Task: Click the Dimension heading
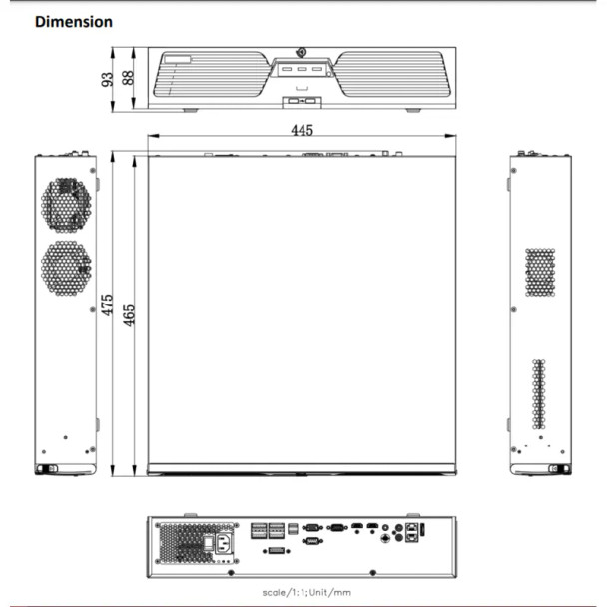(x=74, y=21)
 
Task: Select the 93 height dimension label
(x=107, y=79)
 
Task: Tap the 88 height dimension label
(x=127, y=78)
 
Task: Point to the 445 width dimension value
(x=303, y=130)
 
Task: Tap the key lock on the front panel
(x=301, y=53)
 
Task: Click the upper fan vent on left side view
(x=66, y=205)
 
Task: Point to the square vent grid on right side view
(x=539, y=272)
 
